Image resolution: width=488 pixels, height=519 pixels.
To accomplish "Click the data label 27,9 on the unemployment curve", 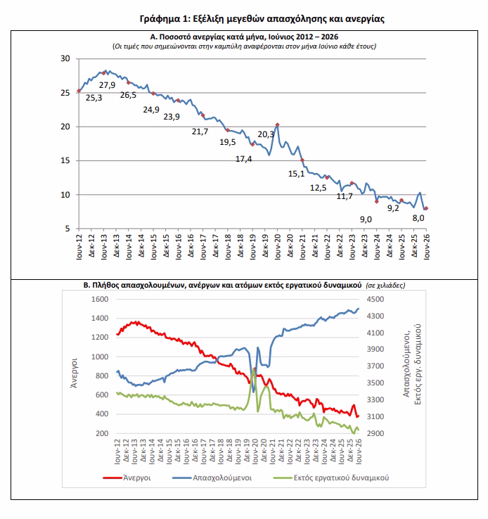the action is pyautogui.click(x=107, y=85).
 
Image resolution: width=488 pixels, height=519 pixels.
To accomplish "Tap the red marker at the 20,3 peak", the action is pyautogui.click(x=277, y=124).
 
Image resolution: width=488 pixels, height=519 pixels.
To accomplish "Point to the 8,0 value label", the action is pyautogui.click(x=418, y=218).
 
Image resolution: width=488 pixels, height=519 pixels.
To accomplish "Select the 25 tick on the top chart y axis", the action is pyautogui.click(x=65, y=93).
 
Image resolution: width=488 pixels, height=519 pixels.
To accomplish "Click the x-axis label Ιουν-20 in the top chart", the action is pyautogui.click(x=278, y=247).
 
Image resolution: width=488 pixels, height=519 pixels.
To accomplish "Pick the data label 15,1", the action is pyautogui.click(x=297, y=174).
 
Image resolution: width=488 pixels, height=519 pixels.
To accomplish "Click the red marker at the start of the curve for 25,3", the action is pyautogui.click(x=79, y=91).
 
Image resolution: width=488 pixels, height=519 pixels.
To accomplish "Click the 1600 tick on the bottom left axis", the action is pyautogui.click(x=100, y=299).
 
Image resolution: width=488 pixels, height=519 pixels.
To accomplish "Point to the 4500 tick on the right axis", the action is pyautogui.click(x=375, y=299).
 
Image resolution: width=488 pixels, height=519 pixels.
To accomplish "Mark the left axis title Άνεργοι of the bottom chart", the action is pyautogui.click(x=74, y=373).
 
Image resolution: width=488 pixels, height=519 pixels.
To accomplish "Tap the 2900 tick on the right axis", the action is pyautogui.click(x=375, y=433).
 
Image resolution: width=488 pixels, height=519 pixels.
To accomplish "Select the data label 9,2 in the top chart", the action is pyautogui.click(x=393, y=208).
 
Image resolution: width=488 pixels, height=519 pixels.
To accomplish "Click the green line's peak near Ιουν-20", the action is pyautogui.click(x=254, y=368).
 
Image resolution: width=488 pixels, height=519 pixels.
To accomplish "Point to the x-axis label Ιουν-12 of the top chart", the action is pyautogui.click(x=79, y=247).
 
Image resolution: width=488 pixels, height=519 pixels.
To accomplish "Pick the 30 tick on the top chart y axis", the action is pyautogui.click(x=65, y=58).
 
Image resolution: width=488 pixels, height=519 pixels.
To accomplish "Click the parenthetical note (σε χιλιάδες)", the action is pyautogui.click(x=385, y=286).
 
